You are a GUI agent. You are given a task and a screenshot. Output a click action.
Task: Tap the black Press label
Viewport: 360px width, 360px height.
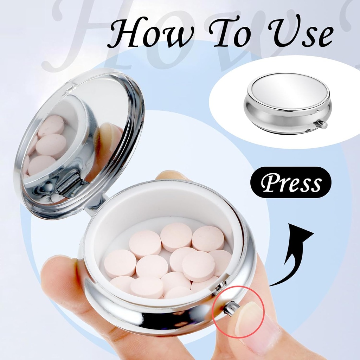(x=290, y=182)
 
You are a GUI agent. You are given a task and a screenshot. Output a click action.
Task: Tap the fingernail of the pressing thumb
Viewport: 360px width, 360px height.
(x=250, y=318)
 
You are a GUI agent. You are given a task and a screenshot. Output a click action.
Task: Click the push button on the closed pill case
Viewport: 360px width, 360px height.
(x=321, y=124)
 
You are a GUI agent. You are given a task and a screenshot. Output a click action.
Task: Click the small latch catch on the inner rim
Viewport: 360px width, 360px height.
(x=220, y=286)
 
